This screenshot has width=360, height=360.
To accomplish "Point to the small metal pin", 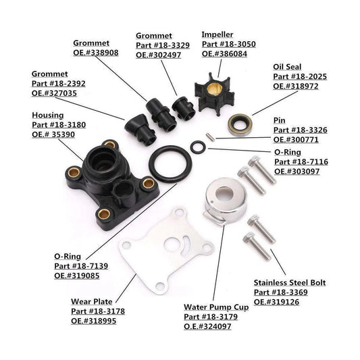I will point(211,137).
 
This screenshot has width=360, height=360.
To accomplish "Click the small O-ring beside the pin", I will point(195,147).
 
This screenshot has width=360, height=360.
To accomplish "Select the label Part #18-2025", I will point(300,77).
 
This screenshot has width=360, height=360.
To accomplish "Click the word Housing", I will point(47,115).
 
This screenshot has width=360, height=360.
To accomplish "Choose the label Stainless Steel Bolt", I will point(289,282).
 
